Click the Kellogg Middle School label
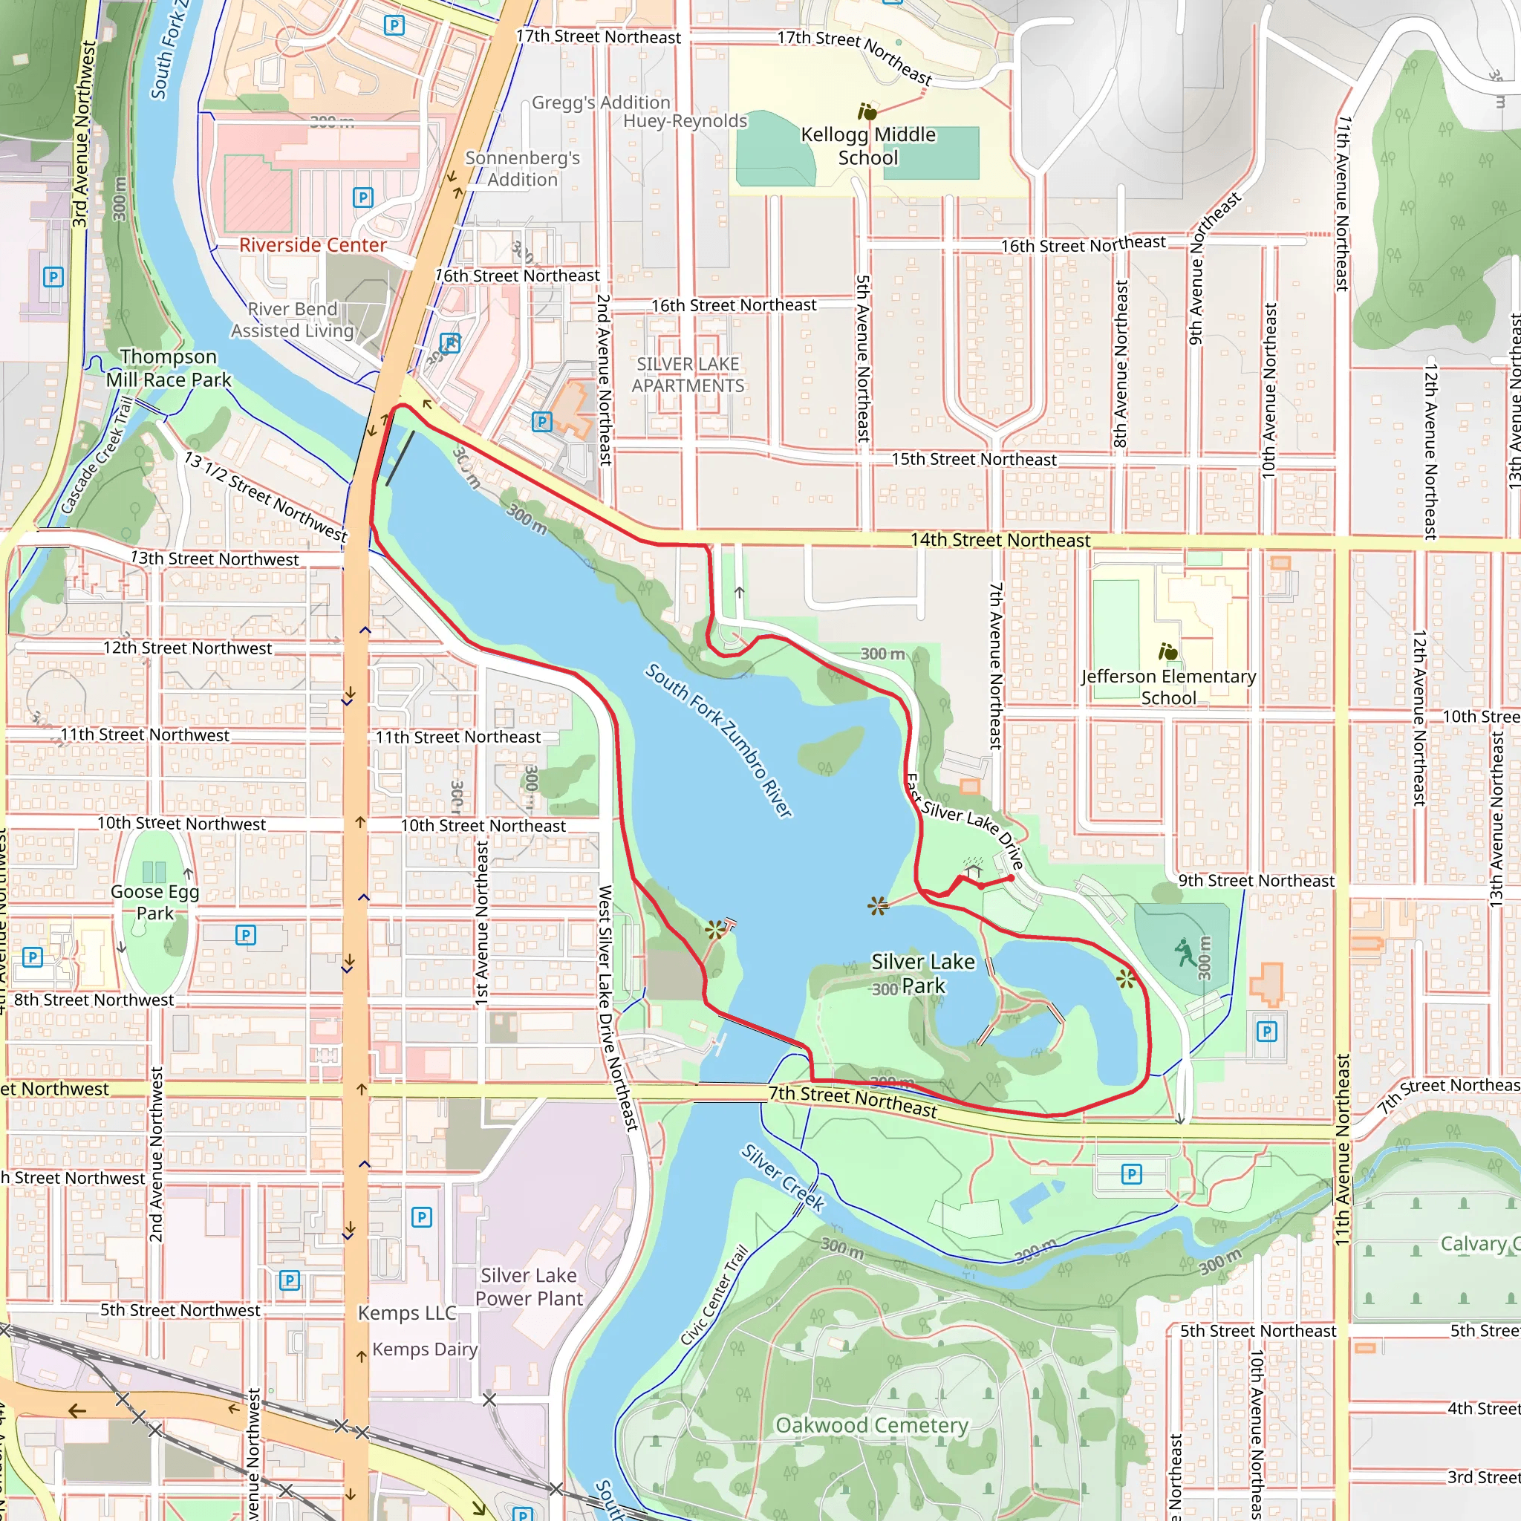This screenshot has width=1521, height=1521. point(867,146)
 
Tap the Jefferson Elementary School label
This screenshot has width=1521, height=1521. point(1168,686)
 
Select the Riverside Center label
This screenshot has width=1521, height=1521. point(313,245)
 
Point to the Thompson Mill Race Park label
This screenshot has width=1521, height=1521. point(169,368)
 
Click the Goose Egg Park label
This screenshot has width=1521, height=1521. point(154,902)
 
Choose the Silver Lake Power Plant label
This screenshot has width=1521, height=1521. point(528,1286)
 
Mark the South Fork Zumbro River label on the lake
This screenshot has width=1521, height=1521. point(718,740)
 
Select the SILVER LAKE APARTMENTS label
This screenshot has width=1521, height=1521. point(687,375)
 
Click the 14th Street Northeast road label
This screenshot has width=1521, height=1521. point(1000,540)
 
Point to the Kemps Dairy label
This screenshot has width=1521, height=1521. point(424,1349)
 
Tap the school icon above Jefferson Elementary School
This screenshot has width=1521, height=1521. point(1167,652)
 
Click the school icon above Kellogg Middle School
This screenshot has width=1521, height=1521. point(867,112)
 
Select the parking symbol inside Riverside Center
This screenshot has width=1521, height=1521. point(363,198)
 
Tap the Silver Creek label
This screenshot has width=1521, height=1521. point(783,1178)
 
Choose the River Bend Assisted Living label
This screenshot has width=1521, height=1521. point(292,319)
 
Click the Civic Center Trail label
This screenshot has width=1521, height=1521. point(714,1295)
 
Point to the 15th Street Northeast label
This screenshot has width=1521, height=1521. point(974,459)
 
